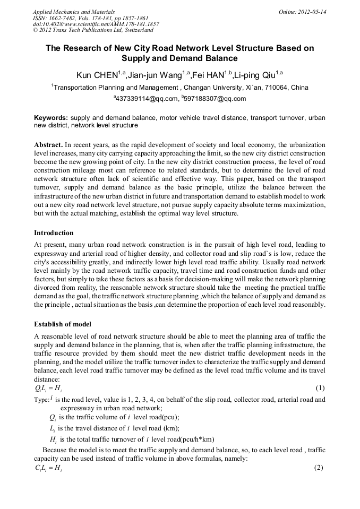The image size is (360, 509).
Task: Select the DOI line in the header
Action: pos(96,24)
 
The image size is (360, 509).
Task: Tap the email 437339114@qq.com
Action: pos(148,99)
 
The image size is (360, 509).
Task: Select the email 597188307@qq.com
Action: pos(216,99)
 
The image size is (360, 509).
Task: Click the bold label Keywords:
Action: pos(51,117)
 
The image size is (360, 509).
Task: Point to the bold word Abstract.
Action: pos(48,144)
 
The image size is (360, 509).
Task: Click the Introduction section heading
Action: pos(54,232)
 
